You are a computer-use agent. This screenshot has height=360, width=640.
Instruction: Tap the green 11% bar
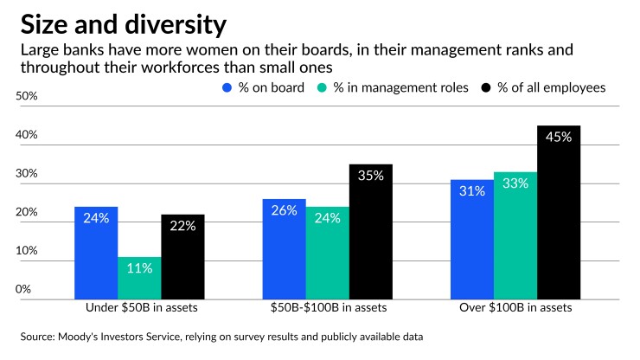click(139, 278)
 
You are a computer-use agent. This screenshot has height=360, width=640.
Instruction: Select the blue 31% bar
click(472, 240)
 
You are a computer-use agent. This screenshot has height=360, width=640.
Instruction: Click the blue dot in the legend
click(227, 87)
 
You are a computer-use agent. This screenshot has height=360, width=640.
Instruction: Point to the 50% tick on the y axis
click(27, 96)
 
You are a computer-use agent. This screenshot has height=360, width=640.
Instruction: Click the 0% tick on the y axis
click(23, 289)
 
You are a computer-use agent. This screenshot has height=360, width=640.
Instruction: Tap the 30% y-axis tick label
click(27, 173)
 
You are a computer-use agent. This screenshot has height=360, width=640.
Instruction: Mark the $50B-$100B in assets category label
click(330, 307)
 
